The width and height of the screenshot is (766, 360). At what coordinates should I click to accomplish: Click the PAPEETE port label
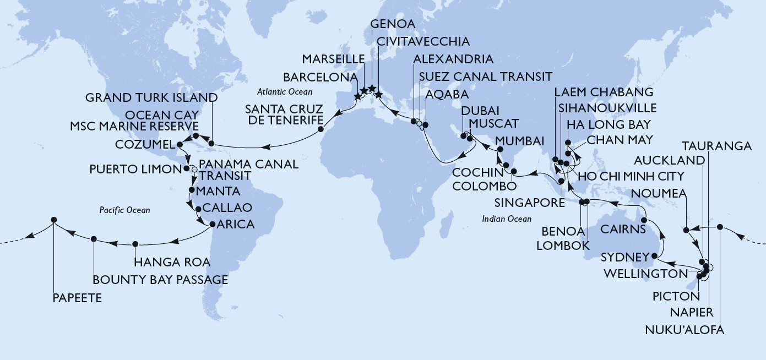click(78, 298)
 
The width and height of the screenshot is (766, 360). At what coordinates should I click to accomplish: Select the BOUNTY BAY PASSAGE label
click(160, 280)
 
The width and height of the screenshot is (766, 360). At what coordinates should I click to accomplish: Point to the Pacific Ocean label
click(125, 210)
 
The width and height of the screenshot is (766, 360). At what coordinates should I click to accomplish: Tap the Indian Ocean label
click(506, 219)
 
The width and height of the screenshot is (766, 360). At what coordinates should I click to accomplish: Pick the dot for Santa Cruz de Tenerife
click(320, 130)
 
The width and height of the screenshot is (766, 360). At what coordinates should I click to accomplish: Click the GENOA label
click(392, 24)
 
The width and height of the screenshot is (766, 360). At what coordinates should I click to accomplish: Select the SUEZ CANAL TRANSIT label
click(485, 76)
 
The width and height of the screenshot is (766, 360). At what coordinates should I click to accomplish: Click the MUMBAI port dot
click(499, 149)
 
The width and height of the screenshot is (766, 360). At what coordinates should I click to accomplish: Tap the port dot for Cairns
click(644, 220)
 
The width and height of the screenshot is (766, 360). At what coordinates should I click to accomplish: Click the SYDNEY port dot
click(654, 257)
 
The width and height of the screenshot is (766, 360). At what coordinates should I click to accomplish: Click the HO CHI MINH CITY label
click(631, 177)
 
